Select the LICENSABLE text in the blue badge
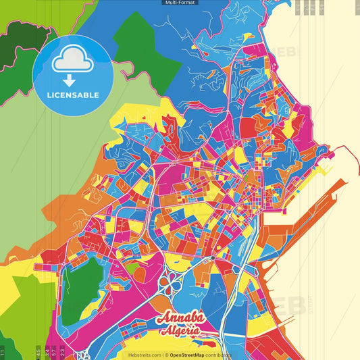click(73, 95)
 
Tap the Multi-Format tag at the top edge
click(180, 3)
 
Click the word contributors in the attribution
click(220, 355)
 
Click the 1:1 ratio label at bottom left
click(3, 352)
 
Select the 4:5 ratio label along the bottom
click(38, 352)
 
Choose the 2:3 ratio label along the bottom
click(62, 352)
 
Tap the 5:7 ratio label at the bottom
click(53, 352)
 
